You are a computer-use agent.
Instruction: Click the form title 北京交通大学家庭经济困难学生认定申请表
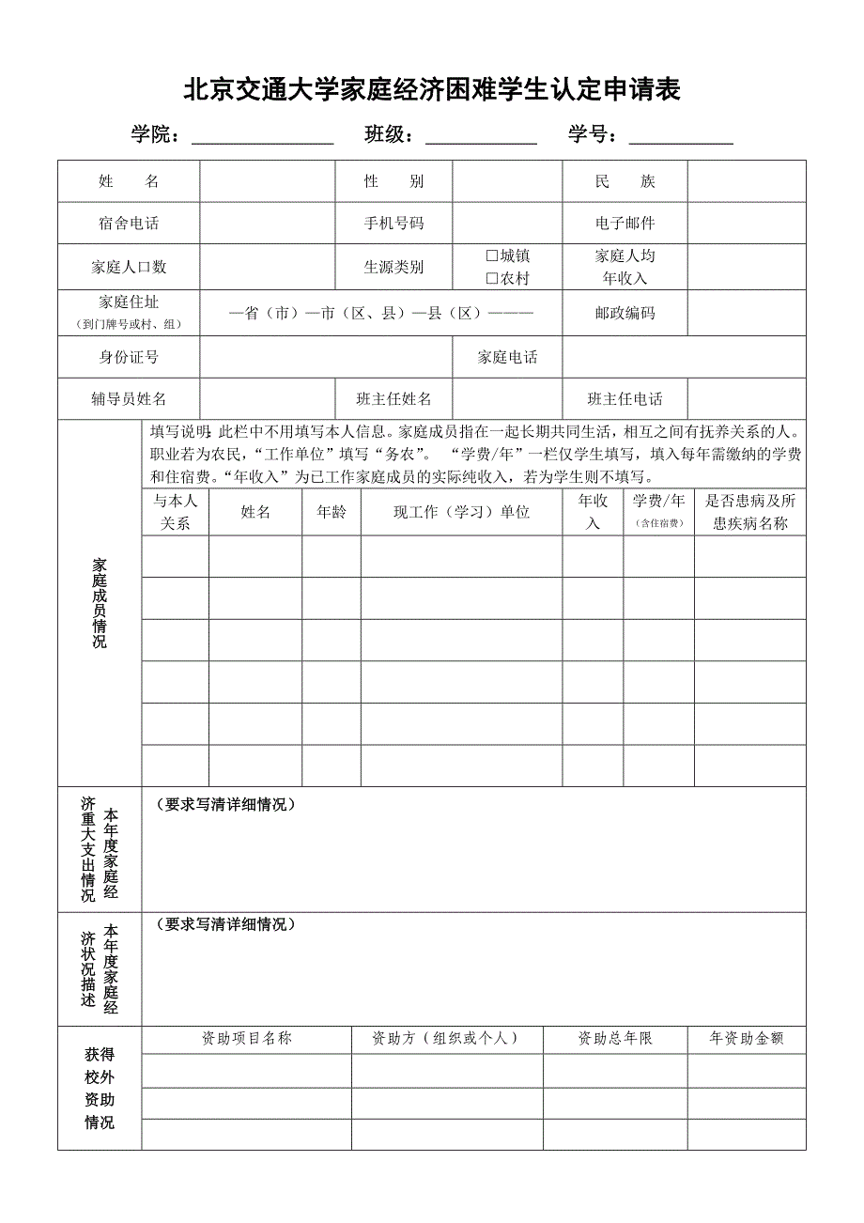(x=431, y=90)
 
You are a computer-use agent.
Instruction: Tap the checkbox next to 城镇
(x=491, y=255)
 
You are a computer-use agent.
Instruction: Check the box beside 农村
(x=491, y=278)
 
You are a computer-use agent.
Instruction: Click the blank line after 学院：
(x=263, y=136)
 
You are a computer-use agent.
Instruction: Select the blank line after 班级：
(x=481, y=136)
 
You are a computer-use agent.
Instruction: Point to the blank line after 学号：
(x=681, y=136)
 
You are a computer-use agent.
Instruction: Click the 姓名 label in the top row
(x=129, y=181)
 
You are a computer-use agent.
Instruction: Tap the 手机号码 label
(x=393, y=224)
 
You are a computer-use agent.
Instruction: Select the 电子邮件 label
(x=625, y=224)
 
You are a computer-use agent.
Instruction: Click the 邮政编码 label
(x=625, y=313)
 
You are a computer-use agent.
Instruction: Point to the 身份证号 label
(x=129, y=357)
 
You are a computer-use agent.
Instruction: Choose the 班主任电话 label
(x=625, y=399)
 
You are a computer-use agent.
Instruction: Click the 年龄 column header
(x=332, y=512)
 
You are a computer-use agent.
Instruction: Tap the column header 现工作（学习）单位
(x=461, y=512)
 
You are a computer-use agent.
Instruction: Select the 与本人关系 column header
(x=176, y=512)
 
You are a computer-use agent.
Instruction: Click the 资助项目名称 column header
(x=247, y=1039)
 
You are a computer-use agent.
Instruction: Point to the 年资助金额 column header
(x=747, y=1039)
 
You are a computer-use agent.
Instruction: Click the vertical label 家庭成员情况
(x=100, y=603)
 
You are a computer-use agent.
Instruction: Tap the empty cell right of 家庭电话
(x=684, y=357)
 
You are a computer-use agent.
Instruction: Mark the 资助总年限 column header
(x=615, y=1039)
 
